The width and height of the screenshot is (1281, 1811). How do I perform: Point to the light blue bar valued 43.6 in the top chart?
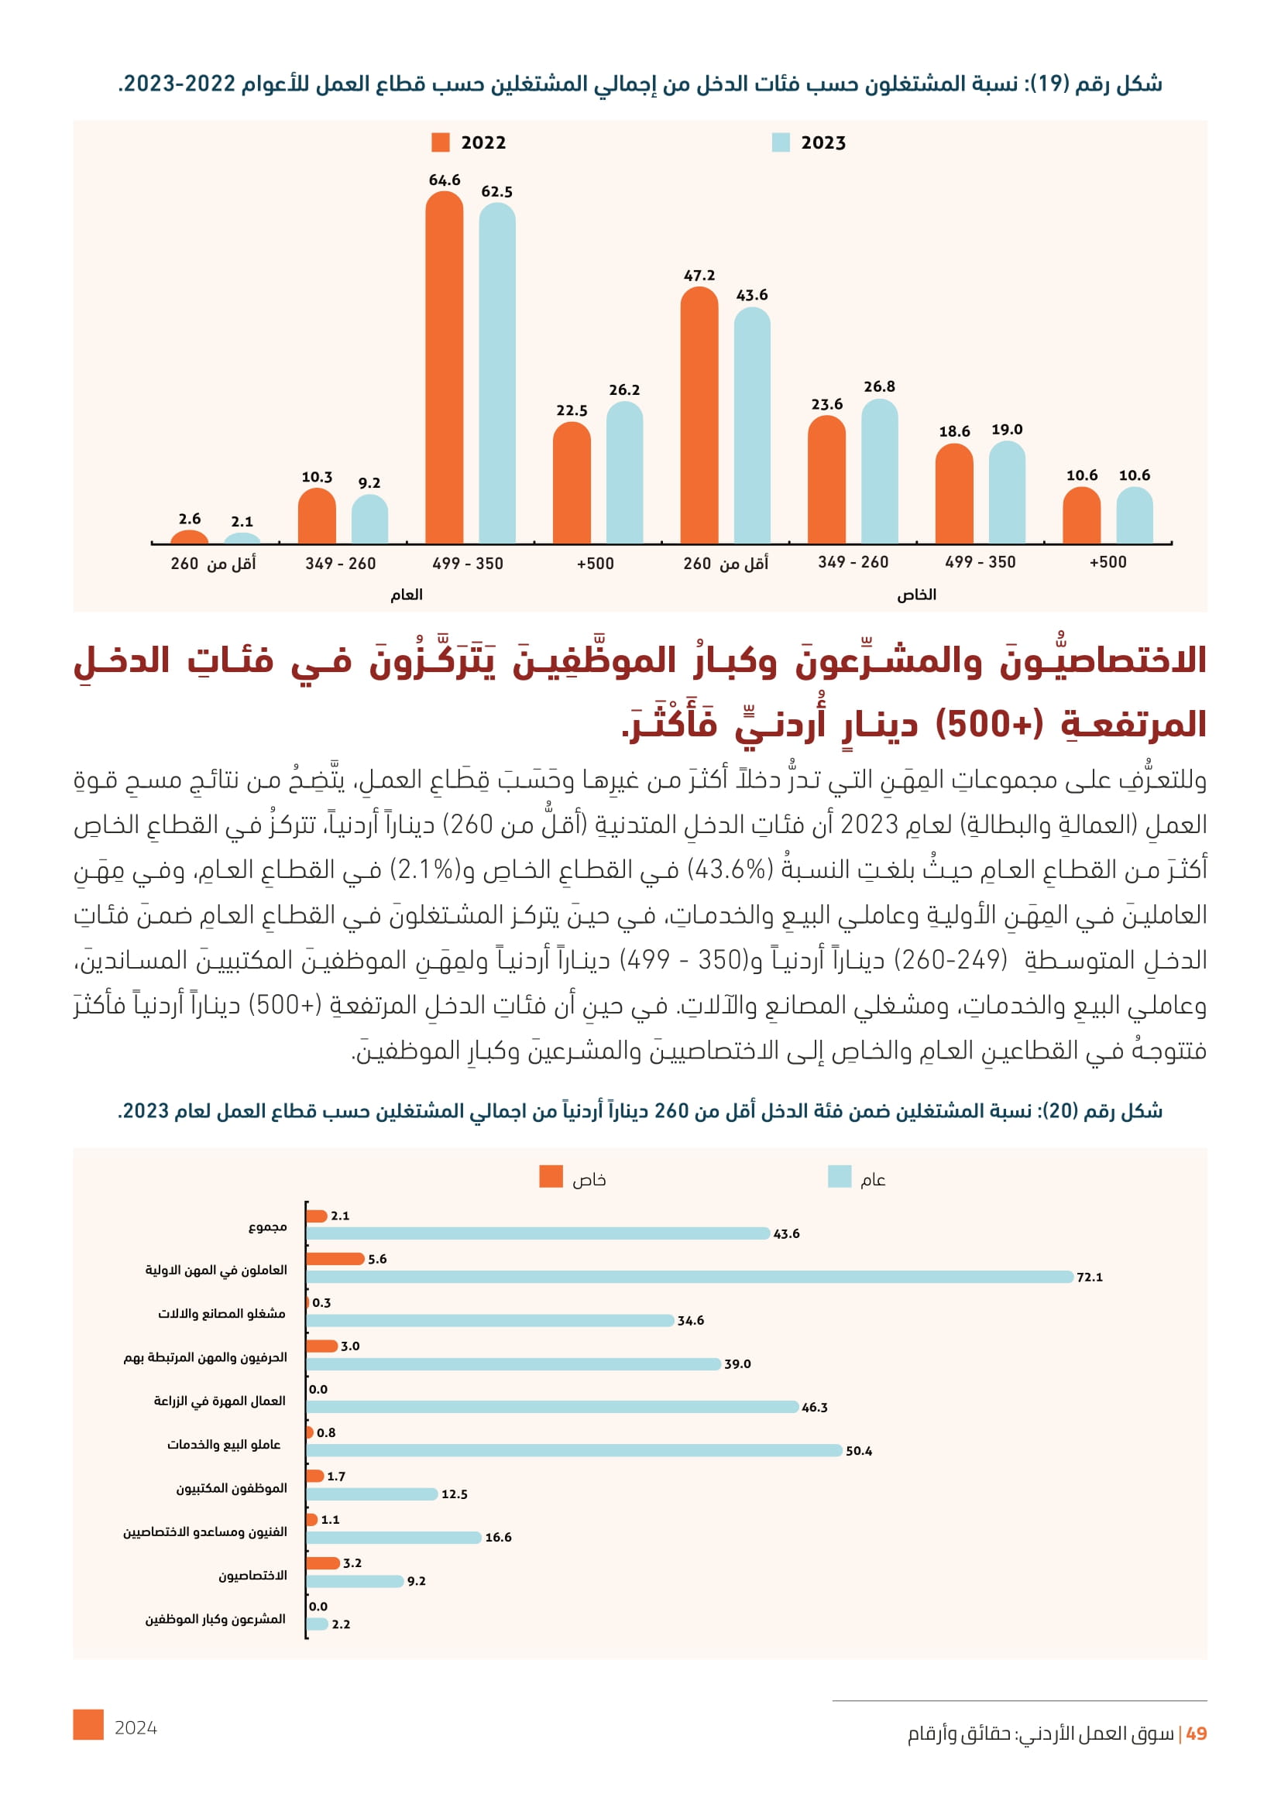click(x=752, y=425)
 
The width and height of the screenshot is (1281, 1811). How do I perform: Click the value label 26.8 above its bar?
click(x=879, y=386)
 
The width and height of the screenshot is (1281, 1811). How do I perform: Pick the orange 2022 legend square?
click(x=440, y=142)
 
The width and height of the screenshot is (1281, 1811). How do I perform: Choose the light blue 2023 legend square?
click(x=780, y=142)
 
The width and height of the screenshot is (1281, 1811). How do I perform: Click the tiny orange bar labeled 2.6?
click(x=189, y=537)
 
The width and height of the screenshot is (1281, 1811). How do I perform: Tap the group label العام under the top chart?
click(x=407, y=595)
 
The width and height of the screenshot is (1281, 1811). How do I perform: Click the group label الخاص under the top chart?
click(x=915, y=595)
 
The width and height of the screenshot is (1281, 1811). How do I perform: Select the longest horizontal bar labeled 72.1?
click(x=689, y=1276)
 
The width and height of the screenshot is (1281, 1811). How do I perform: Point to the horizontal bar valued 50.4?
click(x=573, y=1450)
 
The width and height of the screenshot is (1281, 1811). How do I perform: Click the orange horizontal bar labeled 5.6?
click(x=335, y=1259)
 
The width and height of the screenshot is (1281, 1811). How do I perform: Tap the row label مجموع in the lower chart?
click(x=267, y=1226)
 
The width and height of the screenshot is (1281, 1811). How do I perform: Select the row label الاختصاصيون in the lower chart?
click(x=252, y=1575)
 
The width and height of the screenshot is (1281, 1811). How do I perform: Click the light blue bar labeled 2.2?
click(x=317, y=1624)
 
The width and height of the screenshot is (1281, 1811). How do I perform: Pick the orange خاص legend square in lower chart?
click(x=551, y=1176)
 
